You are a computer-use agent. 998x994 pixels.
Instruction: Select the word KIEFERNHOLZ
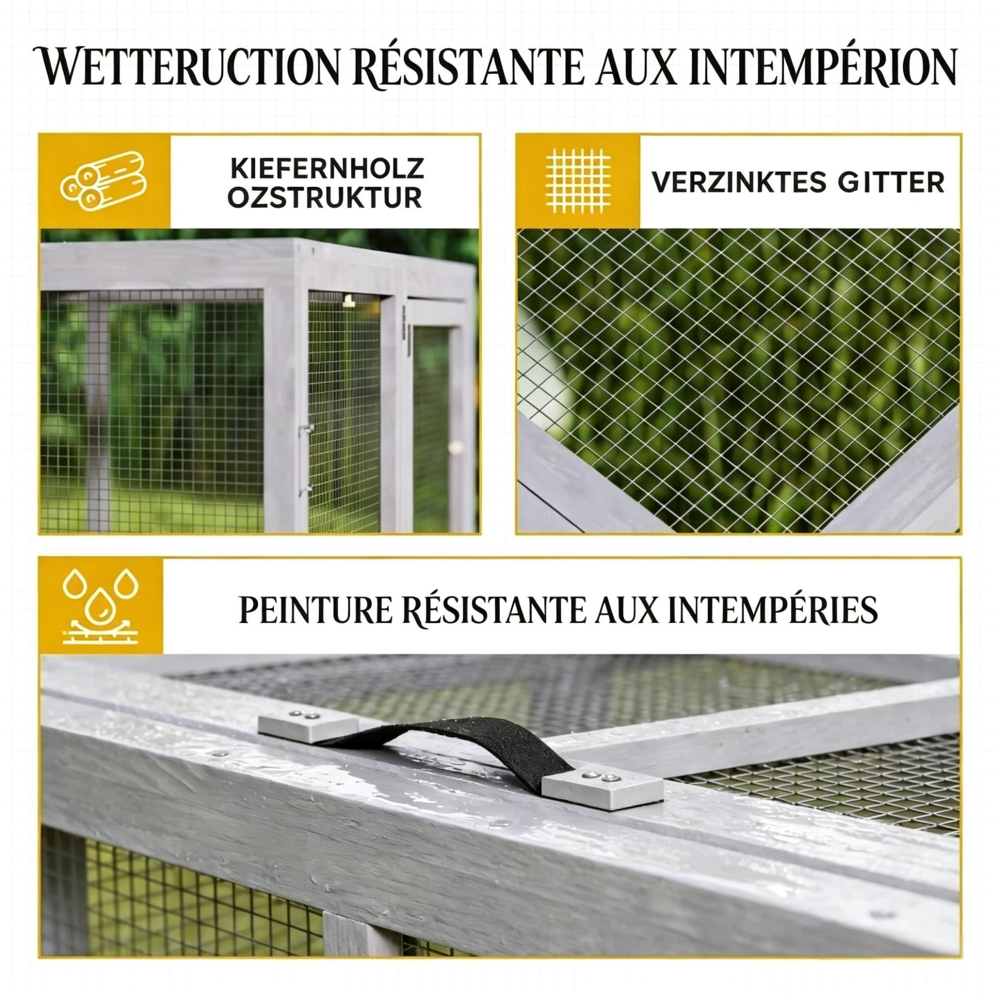(x=327, y=169)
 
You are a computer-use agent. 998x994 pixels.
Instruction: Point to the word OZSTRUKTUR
(x=325, y=198)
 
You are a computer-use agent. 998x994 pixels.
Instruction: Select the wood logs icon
(x=103, y=182)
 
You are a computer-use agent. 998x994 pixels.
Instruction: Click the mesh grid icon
(x=578, y=180)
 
